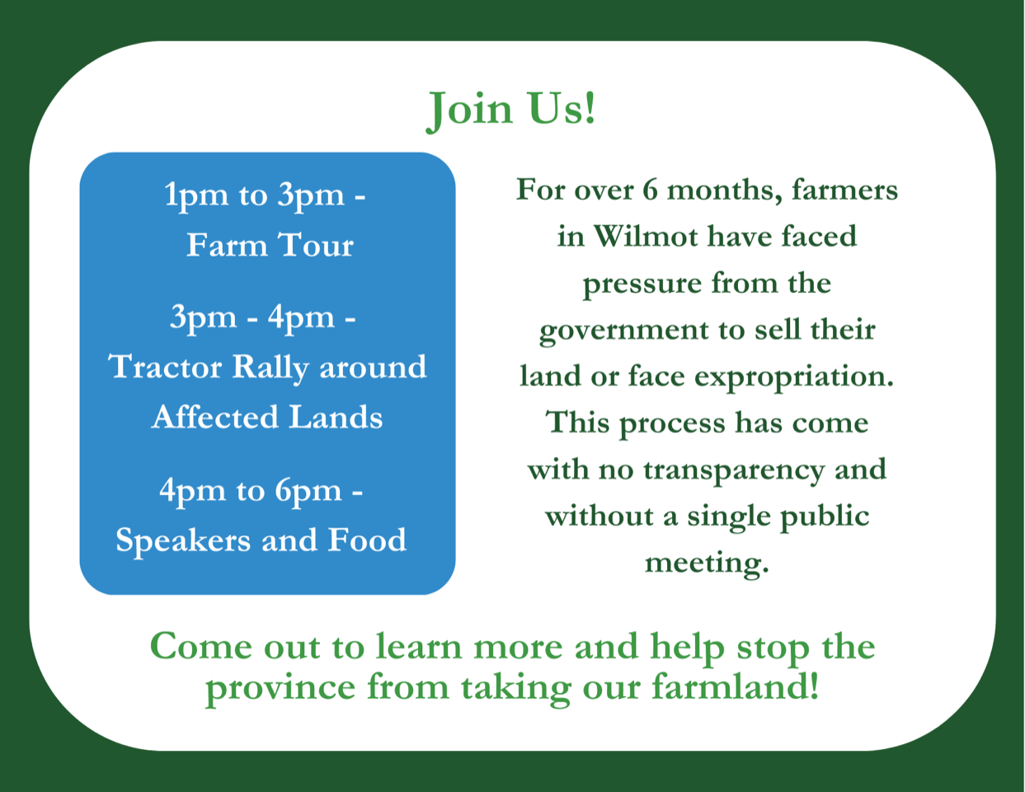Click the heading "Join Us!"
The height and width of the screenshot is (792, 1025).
[511, 111]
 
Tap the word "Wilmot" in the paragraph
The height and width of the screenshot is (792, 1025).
[645, 236]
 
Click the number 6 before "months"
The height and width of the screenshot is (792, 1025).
[650, 190]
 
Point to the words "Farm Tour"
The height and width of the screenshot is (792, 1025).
[270, 245]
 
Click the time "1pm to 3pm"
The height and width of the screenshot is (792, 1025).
[254, 196]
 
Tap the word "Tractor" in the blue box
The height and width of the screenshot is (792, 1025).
[165, 367]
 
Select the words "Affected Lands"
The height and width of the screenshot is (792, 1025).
[267, 417]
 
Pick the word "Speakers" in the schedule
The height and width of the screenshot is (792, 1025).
[183, 541]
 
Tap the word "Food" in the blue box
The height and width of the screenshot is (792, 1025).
[367, 540]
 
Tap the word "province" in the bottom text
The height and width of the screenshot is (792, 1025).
[280, 689]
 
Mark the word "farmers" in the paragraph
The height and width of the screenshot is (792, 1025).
[844, 190]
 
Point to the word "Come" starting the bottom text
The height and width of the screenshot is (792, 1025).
[201, 646]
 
